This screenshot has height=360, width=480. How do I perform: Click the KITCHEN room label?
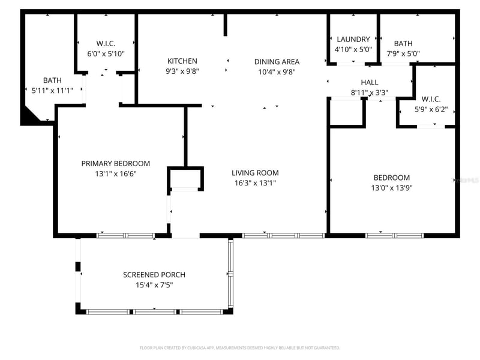click(x=182, y=61)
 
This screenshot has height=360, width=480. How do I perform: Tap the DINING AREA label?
click(x=277, y=62)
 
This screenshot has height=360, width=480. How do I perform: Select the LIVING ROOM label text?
click(x=254, y=173)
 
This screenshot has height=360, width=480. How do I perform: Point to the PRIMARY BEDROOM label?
click(x=116, y=163)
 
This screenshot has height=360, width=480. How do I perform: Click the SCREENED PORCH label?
click(x=154, y=275)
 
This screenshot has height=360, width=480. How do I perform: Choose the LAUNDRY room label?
click(x=353, y=40)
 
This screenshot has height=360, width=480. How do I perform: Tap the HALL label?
click(x=370, y=82)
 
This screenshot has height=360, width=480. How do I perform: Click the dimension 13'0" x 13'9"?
click(x=392, y=188)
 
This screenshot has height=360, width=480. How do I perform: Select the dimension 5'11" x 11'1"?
click(x=52, y=91)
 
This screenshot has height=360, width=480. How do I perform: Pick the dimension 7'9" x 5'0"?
click(x=403, y=53)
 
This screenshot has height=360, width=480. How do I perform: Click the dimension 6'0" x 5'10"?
click(x=106, y=53)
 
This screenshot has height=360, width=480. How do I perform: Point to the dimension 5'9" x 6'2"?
click(x=431, y=110)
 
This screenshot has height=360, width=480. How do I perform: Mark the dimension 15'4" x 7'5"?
click(x=154, y=285)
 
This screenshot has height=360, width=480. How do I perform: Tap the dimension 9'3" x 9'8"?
click(x=182, y=71)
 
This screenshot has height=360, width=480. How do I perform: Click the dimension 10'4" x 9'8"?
click(x=277, y=71)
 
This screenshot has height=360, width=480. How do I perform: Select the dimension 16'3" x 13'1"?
click(x=254, y=183)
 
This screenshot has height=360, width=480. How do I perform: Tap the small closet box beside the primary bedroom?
click(x=185, y=178)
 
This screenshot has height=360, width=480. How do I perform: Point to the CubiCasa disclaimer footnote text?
click(x=240, y=348)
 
